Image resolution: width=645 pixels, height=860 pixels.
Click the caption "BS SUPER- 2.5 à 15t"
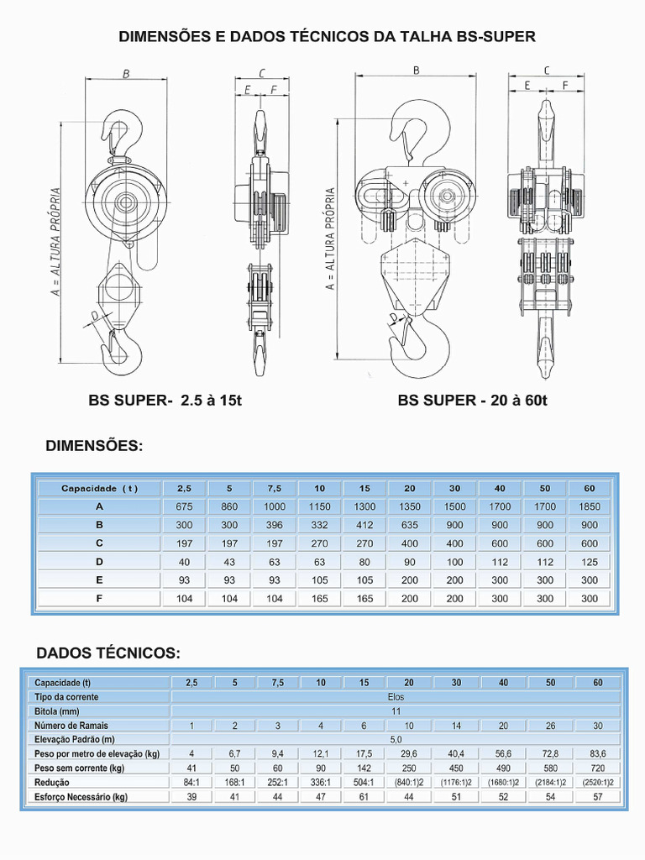[165, 401]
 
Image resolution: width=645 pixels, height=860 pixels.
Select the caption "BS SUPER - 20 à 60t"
[472, 401]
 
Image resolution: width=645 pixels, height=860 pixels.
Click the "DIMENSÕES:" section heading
[94, 446]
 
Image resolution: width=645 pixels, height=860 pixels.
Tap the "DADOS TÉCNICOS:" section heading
[108, 653]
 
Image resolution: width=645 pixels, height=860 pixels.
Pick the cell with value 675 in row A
[184, 506]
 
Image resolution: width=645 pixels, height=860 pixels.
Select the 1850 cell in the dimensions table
[590, 506]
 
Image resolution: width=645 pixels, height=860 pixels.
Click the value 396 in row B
[275, 525]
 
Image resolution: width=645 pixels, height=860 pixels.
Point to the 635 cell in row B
[410, 525]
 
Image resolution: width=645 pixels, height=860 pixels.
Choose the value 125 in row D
[590, 562]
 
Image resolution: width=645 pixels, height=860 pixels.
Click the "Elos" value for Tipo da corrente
[396, 697]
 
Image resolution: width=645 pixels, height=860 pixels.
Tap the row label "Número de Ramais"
[71, 726]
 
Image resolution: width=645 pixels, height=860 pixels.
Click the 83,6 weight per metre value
[597, 754]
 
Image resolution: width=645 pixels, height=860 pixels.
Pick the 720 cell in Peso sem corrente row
[597, 768]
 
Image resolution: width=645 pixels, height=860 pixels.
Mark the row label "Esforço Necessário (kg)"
[81, 797]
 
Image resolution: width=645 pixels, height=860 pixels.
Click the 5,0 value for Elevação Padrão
[396, 740]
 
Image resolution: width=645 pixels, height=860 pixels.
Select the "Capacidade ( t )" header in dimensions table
[99, 488]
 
